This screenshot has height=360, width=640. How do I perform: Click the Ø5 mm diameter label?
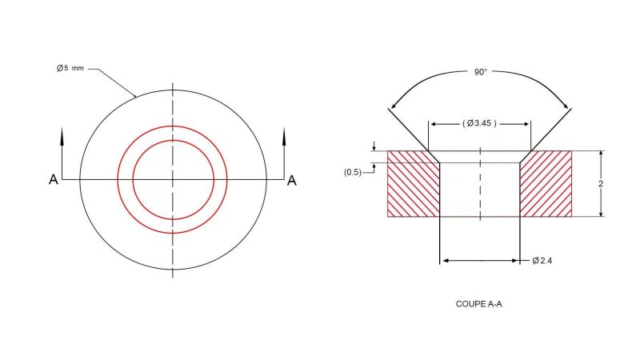(x=70, y=69)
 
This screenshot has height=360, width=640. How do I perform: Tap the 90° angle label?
(x=479, y=73)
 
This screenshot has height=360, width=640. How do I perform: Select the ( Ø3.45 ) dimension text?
(x=480, y=123)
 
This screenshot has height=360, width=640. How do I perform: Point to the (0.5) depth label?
(x=352, y=172)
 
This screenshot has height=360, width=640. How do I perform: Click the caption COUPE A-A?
(x=478, y=304)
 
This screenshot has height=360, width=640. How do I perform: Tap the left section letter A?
(x=53, y=180)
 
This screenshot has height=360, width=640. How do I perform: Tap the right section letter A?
(x=292, y=180)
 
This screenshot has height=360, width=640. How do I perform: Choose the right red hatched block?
(x=546, y=183)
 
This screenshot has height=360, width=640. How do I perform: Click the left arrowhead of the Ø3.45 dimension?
(x=434, y=124)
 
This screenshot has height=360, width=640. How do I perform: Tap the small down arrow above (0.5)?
(x=373, y=147)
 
